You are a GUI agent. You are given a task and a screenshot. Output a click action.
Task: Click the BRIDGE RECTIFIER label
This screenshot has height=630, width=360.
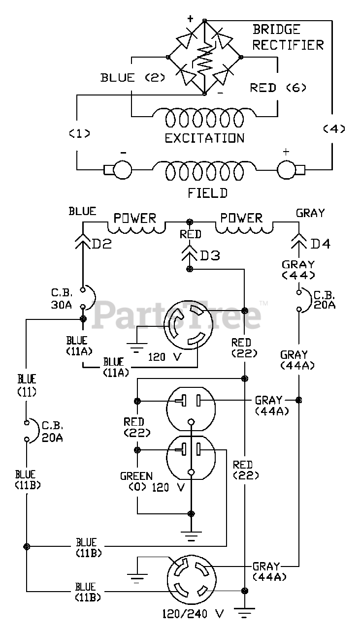click(288, 37)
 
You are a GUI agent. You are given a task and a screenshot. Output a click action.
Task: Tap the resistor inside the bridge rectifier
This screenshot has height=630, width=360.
click(205, 59)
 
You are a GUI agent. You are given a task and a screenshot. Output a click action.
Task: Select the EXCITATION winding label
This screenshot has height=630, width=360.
click(205, 138)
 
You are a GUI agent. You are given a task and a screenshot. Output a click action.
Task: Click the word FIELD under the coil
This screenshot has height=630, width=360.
click(207, 193)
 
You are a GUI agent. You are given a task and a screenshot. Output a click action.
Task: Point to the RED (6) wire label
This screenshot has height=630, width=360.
click(278, 88)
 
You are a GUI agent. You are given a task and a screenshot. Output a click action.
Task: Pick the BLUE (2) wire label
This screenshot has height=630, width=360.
click(133, 77)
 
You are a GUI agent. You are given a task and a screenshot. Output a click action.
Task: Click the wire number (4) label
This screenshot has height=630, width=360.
click(334, 129)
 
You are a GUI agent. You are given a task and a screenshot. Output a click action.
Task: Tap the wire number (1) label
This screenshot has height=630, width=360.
click(80, 133)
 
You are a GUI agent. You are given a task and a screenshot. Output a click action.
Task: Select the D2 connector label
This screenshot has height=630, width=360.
click(101, 244)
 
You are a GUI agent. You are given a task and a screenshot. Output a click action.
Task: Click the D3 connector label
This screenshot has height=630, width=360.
click(210, 255)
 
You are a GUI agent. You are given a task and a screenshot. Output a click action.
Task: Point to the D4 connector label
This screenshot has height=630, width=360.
click(320, 244)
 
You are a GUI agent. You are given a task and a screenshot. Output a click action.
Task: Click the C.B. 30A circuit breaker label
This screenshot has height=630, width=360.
click(62, 299)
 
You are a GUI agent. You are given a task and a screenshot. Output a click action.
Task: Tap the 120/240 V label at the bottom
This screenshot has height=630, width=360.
click(193, 621)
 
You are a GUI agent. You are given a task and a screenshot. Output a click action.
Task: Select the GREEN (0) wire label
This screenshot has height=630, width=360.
click(137, 481)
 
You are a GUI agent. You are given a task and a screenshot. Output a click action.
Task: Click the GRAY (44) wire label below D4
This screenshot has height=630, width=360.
click(298, 269)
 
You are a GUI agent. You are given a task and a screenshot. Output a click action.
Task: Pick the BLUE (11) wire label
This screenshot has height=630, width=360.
click(27, 385)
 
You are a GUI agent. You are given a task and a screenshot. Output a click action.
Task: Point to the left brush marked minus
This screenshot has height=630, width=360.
click(118, 169)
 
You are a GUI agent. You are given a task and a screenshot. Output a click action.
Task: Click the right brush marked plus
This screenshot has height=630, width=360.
click(291, 169)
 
